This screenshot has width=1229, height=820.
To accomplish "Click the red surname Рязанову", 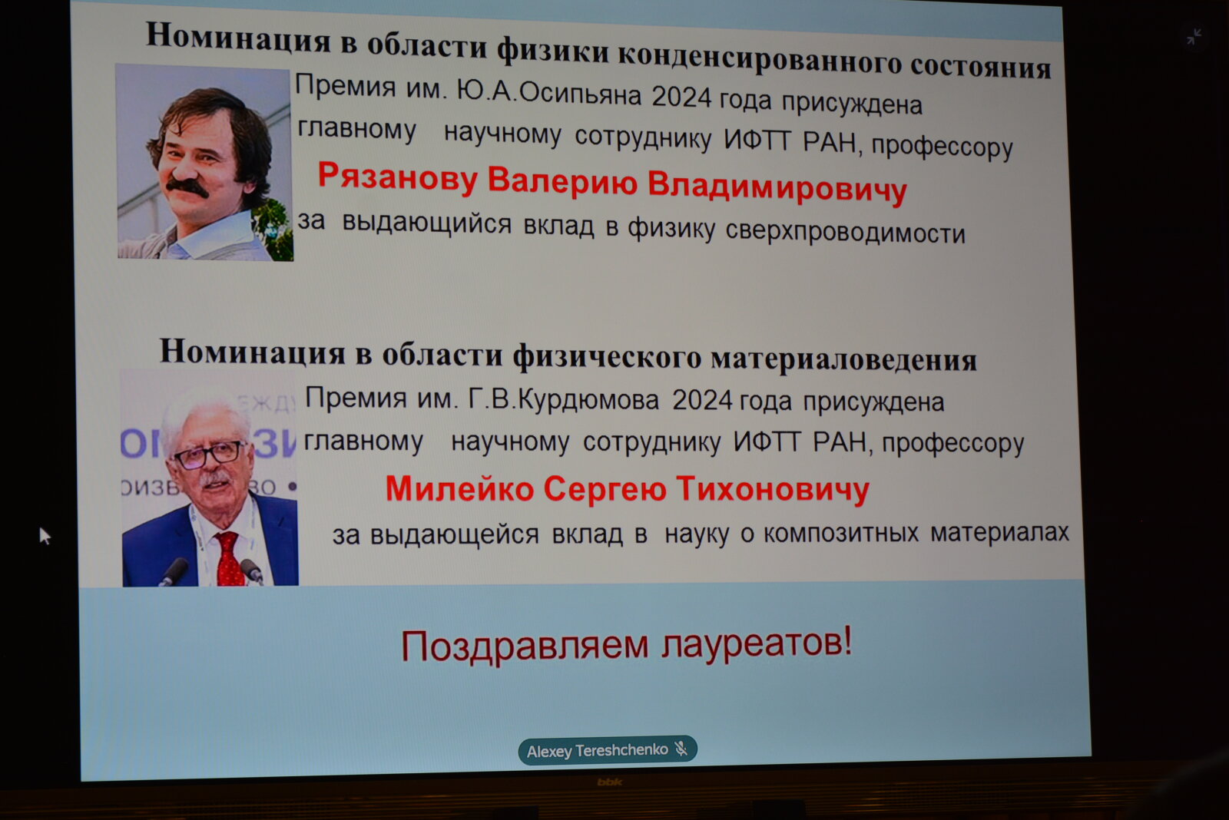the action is tap(399, 178).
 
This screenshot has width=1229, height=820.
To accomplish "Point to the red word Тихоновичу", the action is tap(773, 489).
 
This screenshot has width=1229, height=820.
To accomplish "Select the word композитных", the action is tap(840, 532).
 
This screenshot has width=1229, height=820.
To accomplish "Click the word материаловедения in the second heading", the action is tap(844, 360).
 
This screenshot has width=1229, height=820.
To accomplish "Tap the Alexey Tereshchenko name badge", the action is tap(608, 750).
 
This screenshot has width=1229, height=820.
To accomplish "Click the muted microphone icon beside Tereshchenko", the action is tap(681, 748).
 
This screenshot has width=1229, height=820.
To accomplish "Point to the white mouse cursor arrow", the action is tap(45, 536).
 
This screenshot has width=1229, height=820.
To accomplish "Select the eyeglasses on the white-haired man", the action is tap(210, 455).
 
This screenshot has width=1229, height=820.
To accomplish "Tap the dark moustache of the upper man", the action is tap(187, 187).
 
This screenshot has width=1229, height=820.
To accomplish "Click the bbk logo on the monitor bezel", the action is tap(609, 782).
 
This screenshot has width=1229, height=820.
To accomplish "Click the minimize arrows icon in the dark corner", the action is tap(1194, 37).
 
